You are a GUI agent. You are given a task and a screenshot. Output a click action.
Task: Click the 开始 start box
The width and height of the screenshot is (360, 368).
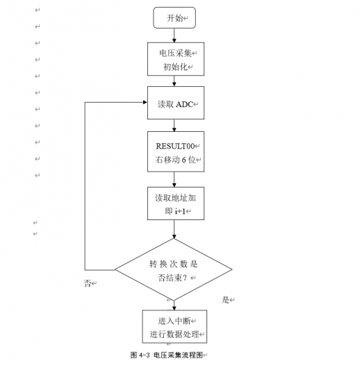point(174,18)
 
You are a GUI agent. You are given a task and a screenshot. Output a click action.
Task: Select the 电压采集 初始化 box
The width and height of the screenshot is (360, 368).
point(175,59)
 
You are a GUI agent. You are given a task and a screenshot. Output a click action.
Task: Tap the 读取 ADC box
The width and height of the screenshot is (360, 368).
point(175,103)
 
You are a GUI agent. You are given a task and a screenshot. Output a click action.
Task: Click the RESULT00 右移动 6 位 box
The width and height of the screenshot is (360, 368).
point(175,152)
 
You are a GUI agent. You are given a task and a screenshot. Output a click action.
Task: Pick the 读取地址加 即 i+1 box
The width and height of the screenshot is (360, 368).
point(175,203)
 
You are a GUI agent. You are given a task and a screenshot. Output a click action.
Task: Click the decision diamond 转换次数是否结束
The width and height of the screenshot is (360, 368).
point(173,270)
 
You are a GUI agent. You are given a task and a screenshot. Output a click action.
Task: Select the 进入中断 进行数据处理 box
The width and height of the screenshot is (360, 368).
point(174,327)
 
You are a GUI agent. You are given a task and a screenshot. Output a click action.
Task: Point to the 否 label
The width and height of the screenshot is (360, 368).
point(88,283)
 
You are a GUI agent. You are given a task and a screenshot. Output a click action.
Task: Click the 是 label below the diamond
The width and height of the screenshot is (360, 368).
point(225,299)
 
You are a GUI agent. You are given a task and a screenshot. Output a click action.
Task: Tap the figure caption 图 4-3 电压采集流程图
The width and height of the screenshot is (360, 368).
point(167,354)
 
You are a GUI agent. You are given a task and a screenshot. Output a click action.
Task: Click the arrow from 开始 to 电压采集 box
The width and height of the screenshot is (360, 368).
point(174,35)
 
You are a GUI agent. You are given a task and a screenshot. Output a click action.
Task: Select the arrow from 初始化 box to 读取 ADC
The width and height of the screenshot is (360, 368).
point(174,81)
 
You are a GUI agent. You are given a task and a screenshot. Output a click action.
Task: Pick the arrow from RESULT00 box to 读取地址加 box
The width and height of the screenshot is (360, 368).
point(174,179)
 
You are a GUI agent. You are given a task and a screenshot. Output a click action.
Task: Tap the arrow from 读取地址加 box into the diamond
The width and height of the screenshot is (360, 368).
point(174,229)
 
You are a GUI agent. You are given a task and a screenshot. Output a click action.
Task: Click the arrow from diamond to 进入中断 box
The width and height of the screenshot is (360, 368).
point(174,305)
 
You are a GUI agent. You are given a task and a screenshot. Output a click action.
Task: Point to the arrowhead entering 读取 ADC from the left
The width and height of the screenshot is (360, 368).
point(144,103)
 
